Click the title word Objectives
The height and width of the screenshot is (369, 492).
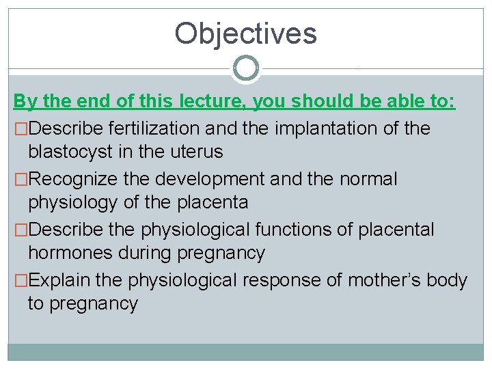[245, 33]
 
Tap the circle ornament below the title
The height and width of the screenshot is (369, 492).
[246, 68]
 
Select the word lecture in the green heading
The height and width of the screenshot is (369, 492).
[213, 102]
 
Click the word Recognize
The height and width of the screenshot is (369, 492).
[74, 179]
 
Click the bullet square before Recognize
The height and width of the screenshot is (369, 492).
[20, 180]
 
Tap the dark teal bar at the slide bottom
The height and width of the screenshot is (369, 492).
[246, 351]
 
